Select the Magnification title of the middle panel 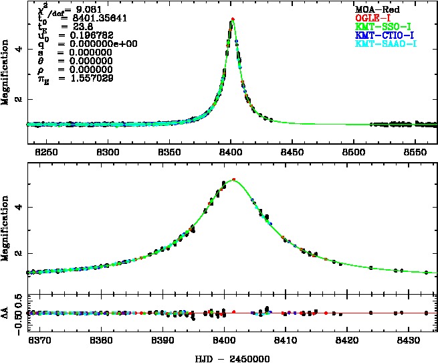(7, 231)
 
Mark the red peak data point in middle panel (233, 179)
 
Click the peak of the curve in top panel (232, 19)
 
